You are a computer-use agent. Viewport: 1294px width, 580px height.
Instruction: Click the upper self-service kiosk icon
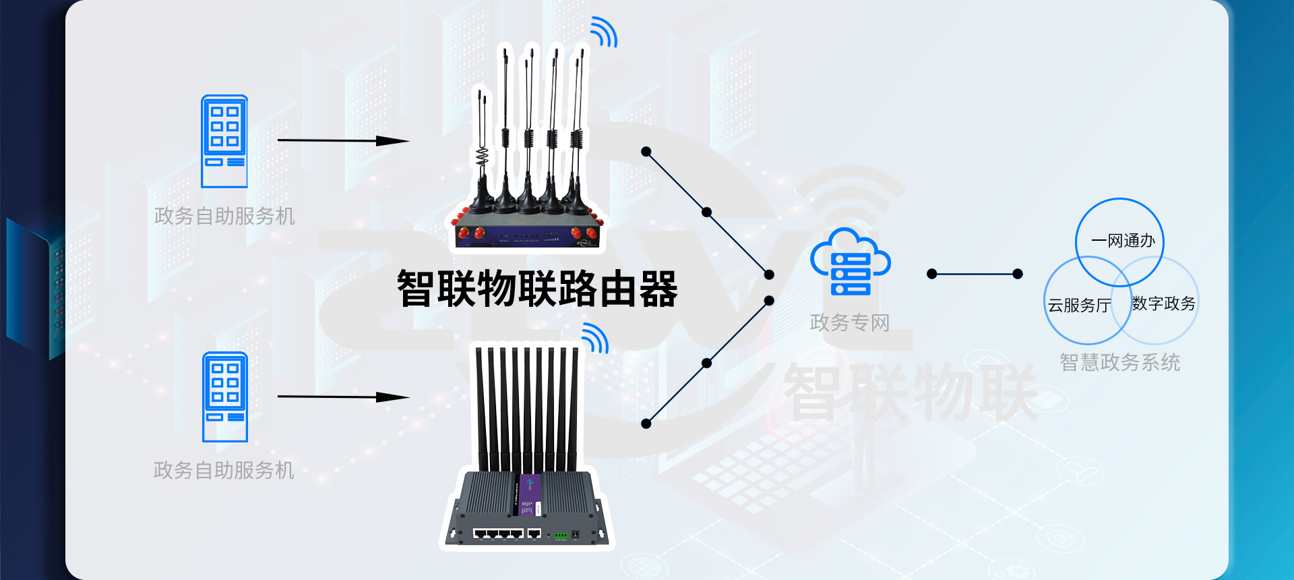pos(224,141)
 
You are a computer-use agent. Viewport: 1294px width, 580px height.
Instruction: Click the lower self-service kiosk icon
pos(225,397)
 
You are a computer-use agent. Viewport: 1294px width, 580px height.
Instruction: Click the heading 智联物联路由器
pos(537,289)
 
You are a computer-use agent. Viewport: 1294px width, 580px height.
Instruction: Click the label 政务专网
pos(849,322)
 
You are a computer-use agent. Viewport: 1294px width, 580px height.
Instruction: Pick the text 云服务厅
pos(1079,306)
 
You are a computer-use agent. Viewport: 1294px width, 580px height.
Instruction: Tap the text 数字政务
pos(1163,303)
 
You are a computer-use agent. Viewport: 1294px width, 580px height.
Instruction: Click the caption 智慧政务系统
pos(1119,362)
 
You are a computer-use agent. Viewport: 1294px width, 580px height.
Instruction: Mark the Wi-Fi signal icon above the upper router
pos(603,32)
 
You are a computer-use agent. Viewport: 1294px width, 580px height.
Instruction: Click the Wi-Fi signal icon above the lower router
pos(595,338)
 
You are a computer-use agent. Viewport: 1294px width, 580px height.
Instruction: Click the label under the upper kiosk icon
pos(224,216)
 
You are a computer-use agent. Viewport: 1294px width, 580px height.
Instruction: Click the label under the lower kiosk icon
pos(224,470)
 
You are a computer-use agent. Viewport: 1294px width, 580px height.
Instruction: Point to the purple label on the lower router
pos(528,496)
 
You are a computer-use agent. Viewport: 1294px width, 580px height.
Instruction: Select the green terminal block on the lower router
pos(560,535)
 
